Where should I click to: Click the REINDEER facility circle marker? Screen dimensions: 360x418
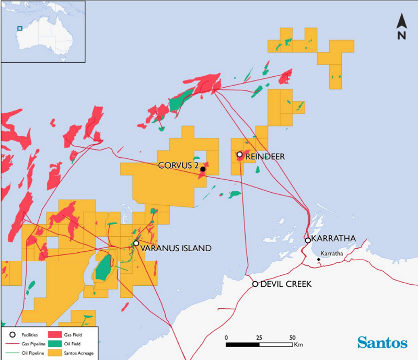[x=240, y=155]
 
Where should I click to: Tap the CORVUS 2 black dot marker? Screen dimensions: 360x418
[x=203, y=169]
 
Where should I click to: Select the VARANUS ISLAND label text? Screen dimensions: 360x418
[x=176, y=249]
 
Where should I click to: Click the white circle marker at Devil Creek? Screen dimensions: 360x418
[x=255, y=284]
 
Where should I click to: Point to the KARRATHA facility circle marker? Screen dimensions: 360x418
[x=308, y=240]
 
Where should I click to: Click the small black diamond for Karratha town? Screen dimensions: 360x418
[x=319, y=259]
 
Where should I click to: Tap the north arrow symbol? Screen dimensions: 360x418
[x=401, y=27]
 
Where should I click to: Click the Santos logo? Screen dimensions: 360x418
[x=382, y=343]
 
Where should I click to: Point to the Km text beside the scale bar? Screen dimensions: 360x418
[x=298, y=345]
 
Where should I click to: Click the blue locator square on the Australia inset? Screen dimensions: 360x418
[x=20, y=29]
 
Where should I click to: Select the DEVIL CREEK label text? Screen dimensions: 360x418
[x=285, y=284]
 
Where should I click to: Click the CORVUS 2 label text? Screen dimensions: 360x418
[x=178, y=165]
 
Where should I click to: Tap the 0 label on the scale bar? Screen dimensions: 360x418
[x=226, y=337]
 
